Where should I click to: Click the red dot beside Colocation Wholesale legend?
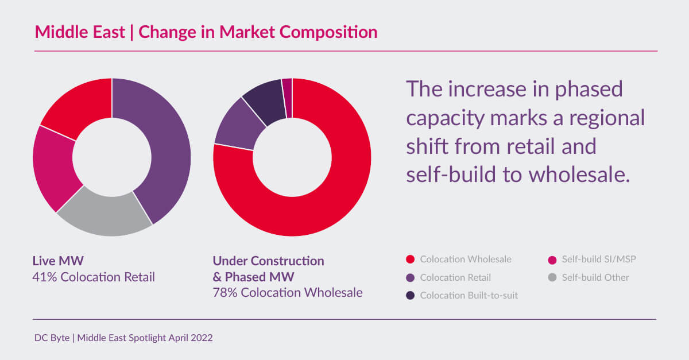coord(410,260)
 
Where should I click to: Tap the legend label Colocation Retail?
coord(455,277)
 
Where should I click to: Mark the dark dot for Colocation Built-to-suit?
coord(410,296)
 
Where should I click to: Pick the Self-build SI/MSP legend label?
coord(599,260)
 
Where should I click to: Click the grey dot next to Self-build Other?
coord(552,277)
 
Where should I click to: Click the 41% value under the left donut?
coord(43,277)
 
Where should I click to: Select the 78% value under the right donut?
coord(224,292)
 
